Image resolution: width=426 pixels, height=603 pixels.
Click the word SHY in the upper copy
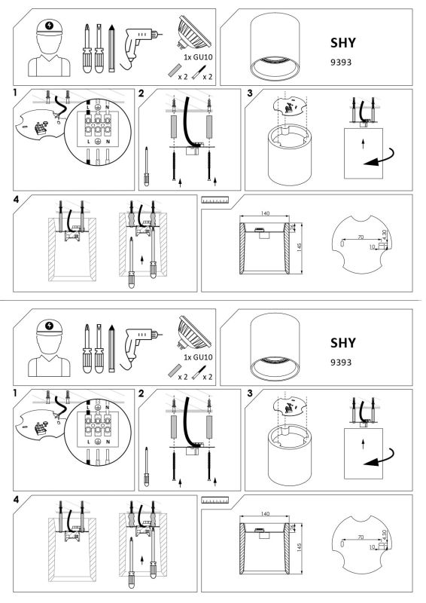[342, 43]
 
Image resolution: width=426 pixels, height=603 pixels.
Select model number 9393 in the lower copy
[341, 363]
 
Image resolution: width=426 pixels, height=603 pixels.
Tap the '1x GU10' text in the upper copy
[198, 58]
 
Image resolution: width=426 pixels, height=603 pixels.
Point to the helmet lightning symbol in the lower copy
[49, 326]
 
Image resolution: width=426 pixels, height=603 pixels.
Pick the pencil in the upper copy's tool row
[112, 48]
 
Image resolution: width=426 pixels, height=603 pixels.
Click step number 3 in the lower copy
[250, 393]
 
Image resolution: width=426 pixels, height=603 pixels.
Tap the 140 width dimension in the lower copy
[265, 513]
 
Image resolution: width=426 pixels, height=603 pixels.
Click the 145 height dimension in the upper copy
[300, 246]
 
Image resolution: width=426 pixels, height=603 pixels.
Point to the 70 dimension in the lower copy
[361, 537]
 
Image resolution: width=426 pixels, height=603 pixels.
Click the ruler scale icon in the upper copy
[215, 200]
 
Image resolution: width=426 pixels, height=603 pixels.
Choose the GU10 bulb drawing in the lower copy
[193, 332]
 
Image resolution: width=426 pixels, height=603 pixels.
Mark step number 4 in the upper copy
[16, 200]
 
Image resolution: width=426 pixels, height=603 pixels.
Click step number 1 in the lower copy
[15, 393]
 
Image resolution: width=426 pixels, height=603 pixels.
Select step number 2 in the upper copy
[141, 93]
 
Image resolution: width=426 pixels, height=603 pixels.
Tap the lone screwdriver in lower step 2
[146, 467]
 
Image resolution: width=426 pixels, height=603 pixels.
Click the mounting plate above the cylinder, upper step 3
[291, 106]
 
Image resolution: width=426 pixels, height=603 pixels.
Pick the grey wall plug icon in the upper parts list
[174, 72]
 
